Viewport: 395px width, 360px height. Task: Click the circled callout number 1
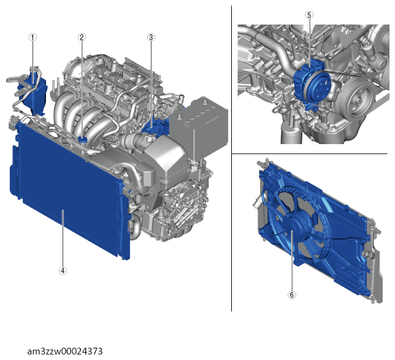click(33, 37)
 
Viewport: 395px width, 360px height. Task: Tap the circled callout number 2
click(82, 37)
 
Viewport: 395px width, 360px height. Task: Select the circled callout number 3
click(151, 37)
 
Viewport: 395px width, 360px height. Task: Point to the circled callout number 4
click(63, 271)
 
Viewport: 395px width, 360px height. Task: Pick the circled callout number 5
click(309, 15)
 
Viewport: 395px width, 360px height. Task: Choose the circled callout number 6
click(292, 295)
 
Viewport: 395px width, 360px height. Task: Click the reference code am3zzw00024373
click(65, 351)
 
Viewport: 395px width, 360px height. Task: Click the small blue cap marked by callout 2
click(82, 140)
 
